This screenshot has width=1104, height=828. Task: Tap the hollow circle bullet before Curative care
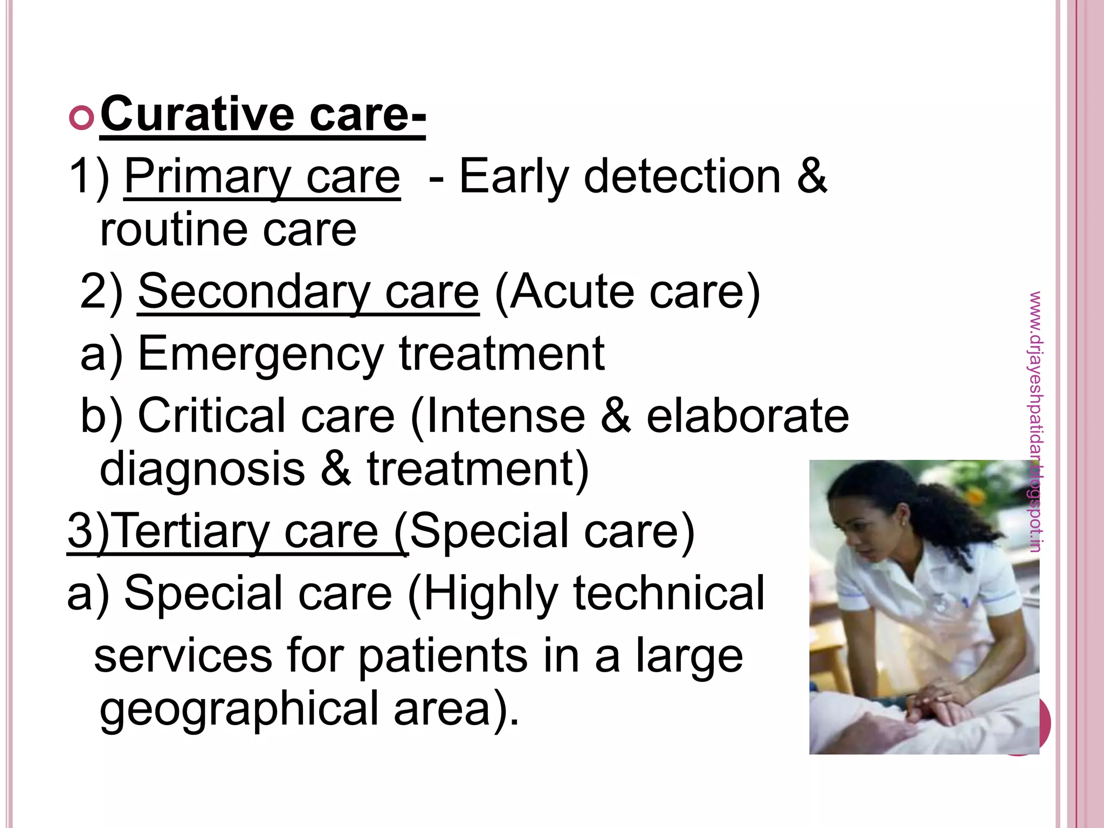pos(81,118)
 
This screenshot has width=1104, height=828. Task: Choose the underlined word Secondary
pos(253,292)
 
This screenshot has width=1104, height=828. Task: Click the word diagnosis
pos(202,468)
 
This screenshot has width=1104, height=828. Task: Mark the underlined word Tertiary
pos(194,532)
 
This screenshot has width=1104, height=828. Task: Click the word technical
pos(668,594)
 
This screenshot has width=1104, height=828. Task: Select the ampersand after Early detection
pos(811,177)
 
